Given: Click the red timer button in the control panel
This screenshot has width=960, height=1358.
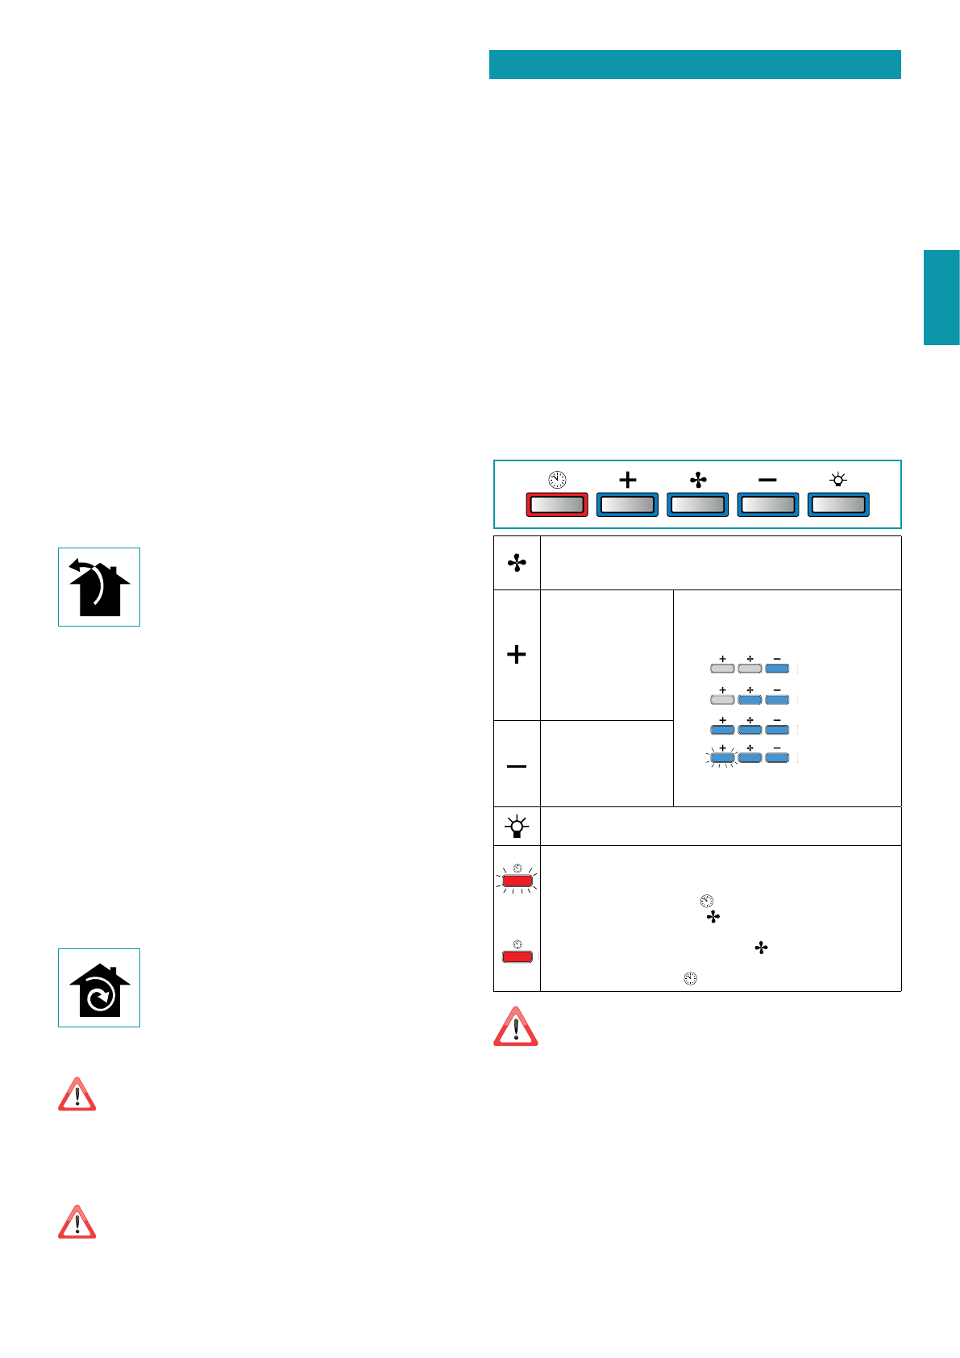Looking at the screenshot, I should [557, 505].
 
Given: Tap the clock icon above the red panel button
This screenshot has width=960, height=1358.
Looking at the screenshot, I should [557, 480].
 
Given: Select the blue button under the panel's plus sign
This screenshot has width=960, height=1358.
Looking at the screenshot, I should [627, 505].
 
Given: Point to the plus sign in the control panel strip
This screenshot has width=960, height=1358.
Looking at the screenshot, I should [627, 480].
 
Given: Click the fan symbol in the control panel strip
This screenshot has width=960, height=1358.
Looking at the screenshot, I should [698, 480].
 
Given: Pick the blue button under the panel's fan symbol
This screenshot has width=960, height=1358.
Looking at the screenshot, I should [698, 505].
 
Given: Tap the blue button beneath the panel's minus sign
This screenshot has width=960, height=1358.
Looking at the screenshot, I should [768, 505].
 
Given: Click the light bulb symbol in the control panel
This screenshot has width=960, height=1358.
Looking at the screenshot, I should [838, 480].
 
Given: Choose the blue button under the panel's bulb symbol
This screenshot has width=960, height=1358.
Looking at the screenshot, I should [838, 505].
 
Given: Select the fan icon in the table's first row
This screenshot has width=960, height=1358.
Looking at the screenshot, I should [517, 563].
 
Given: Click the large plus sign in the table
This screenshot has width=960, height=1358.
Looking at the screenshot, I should [517, 654].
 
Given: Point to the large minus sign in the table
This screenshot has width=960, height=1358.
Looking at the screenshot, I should [517, 765].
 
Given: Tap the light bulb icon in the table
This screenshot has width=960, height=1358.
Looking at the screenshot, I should [517, 827].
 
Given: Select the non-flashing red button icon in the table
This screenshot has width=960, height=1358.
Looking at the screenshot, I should [517, 956].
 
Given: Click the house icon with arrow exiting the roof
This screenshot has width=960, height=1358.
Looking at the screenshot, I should [99, 587].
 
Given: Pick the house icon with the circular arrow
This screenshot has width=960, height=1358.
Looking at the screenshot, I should [99, 988].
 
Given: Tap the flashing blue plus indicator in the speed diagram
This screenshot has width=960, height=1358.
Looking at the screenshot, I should [722, 757].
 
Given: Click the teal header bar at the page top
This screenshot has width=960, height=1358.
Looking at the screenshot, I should [695, 65].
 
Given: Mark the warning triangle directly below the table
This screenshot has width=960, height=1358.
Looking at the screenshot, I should [516, 1027].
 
